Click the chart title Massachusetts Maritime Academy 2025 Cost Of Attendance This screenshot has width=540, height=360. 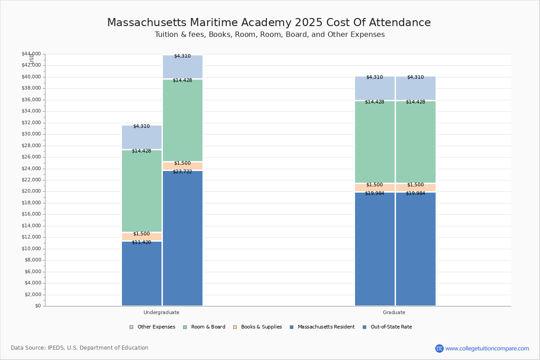pos(269,23)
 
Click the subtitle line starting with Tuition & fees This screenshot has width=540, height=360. pos(270,35)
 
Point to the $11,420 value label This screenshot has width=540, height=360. pos(141,243)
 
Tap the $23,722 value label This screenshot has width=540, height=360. pos(182,172)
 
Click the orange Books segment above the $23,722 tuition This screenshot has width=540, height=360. pos(182,166)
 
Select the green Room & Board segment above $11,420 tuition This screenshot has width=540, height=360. pos(141,191)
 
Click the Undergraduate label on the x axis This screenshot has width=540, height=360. pos(161,312)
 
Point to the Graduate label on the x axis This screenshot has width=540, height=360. pos(394,312)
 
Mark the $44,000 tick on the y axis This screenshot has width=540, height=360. pos(31,54)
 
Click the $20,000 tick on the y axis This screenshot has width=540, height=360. pos(31,191)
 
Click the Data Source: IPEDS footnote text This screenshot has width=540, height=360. pos(80,348)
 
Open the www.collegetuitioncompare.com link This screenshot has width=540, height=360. pos(487,348)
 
